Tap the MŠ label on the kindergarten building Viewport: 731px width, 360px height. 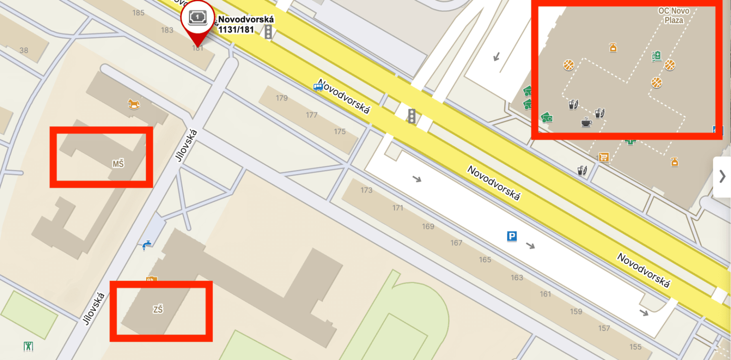click(x=118, y=164)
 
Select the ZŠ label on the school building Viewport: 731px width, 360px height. click(x=158, y=310)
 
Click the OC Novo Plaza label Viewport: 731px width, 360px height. click(x=674, y=15)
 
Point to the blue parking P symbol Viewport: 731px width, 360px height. click(x=512, y=236)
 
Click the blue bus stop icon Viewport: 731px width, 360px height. click(x=318, y=87)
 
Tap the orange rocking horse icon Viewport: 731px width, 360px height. click(x=134, y=104)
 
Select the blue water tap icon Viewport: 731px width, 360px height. click(x=146, y=245)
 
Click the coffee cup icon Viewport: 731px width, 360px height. click(x=586, y=122)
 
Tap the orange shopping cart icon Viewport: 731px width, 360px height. click(x=603, y=157)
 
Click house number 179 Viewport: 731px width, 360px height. click(x=281, y=98)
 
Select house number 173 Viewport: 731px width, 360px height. click(x=366, y=190)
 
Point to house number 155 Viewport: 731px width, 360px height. click(x=636, y=347)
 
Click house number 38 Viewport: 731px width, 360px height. click(x=24, y=50)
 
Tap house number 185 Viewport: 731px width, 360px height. click(x=138, y=13)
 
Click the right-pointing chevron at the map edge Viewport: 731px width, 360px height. click(x=722, y=177)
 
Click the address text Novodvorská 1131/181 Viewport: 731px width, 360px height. click(x=245, y=24)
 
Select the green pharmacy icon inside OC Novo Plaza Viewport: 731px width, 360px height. click(x=657, y=56)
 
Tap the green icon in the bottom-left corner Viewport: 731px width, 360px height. click(x=28, y=346)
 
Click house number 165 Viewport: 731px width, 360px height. click(x=485, y=259)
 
